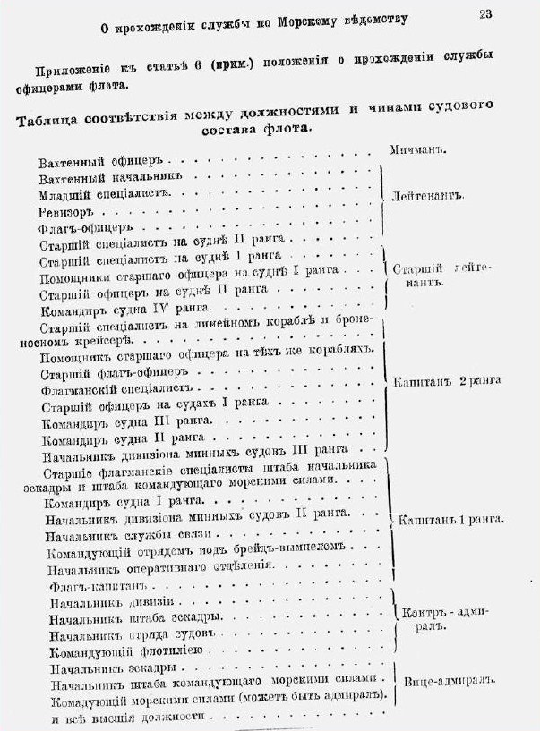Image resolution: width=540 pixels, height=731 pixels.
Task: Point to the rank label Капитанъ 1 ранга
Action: (x=450, y=519)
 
